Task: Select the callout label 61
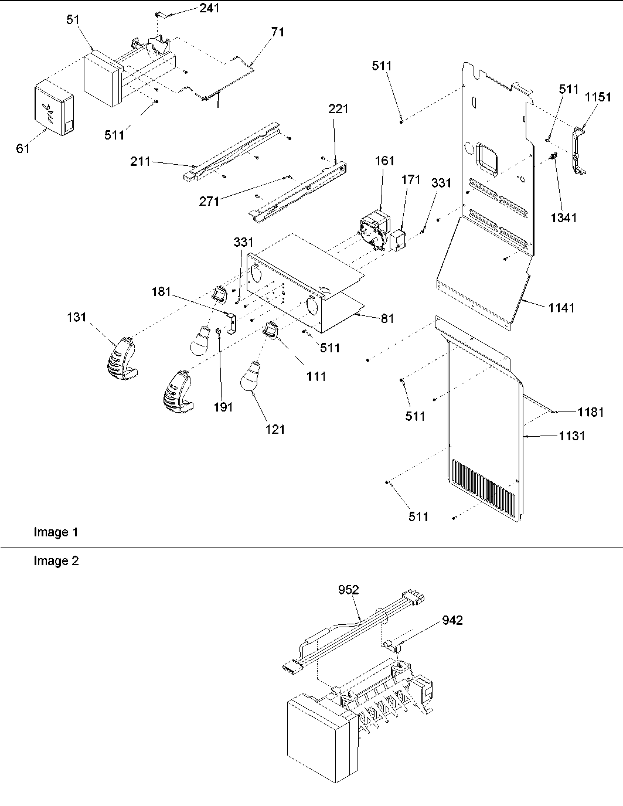pyautogui.click(x=22, y=149)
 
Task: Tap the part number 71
pyautogui.click(x=277, y=32)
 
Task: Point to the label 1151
pyautogui.click(x=597, y=99)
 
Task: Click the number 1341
pyautogui.click(x=564, y=217)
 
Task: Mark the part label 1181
pyautogui.click(x=590, y=412)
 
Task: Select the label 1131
pyautogui.click(x=571, y=436)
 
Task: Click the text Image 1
pyautogui.click(x=56, y=532)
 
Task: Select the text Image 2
pyautogui.click(x=56, y=561)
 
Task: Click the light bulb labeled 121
pyautogui.click(x=251, y=375)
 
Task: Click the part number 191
pyautogui.click(x=223, y=407)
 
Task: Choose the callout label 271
pyautogui.click(x=209, y=201)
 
